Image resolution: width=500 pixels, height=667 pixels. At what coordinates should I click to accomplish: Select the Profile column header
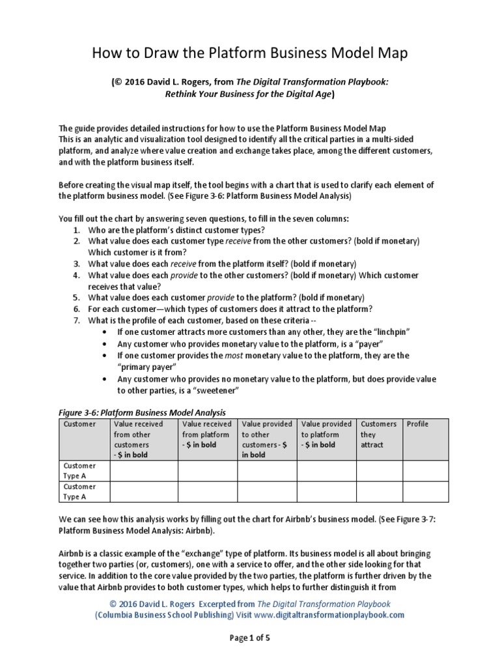417,424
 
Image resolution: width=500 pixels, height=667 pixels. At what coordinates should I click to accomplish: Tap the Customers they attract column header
378,434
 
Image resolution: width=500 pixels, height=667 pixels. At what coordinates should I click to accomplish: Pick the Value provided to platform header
326,434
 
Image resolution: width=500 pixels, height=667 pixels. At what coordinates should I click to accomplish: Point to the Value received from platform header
206,434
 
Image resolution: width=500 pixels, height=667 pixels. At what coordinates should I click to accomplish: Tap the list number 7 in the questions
76,320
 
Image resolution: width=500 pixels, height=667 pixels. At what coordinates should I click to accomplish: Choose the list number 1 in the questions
76,231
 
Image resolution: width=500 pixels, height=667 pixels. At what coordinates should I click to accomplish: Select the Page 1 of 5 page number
249,638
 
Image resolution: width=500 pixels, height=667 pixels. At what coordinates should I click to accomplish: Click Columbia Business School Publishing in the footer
162,615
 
